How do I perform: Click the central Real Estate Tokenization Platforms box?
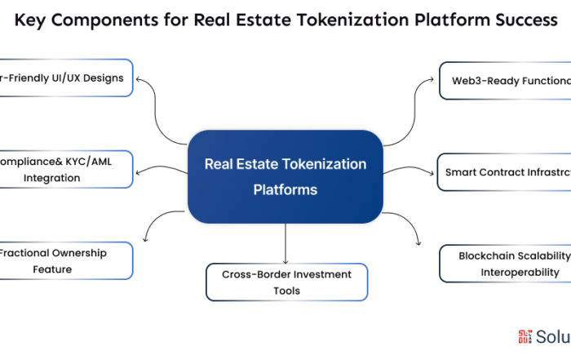[x=285, y=176]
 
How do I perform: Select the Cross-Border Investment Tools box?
[x=286, y=282]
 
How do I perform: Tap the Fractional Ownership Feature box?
[x=64, y=260]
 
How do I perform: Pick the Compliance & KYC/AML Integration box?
[x=64, y=169]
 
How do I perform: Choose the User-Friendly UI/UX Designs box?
[x=65, y=78]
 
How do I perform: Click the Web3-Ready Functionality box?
[x=505, y=81]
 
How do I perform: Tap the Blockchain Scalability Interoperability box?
[x=505, y=264]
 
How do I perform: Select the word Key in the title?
[x=33, y=20]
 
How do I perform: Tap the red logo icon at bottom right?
[x=525, y=336]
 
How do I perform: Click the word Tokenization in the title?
[x=330, y=20]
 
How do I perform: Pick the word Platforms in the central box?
[x=285, y=189]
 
